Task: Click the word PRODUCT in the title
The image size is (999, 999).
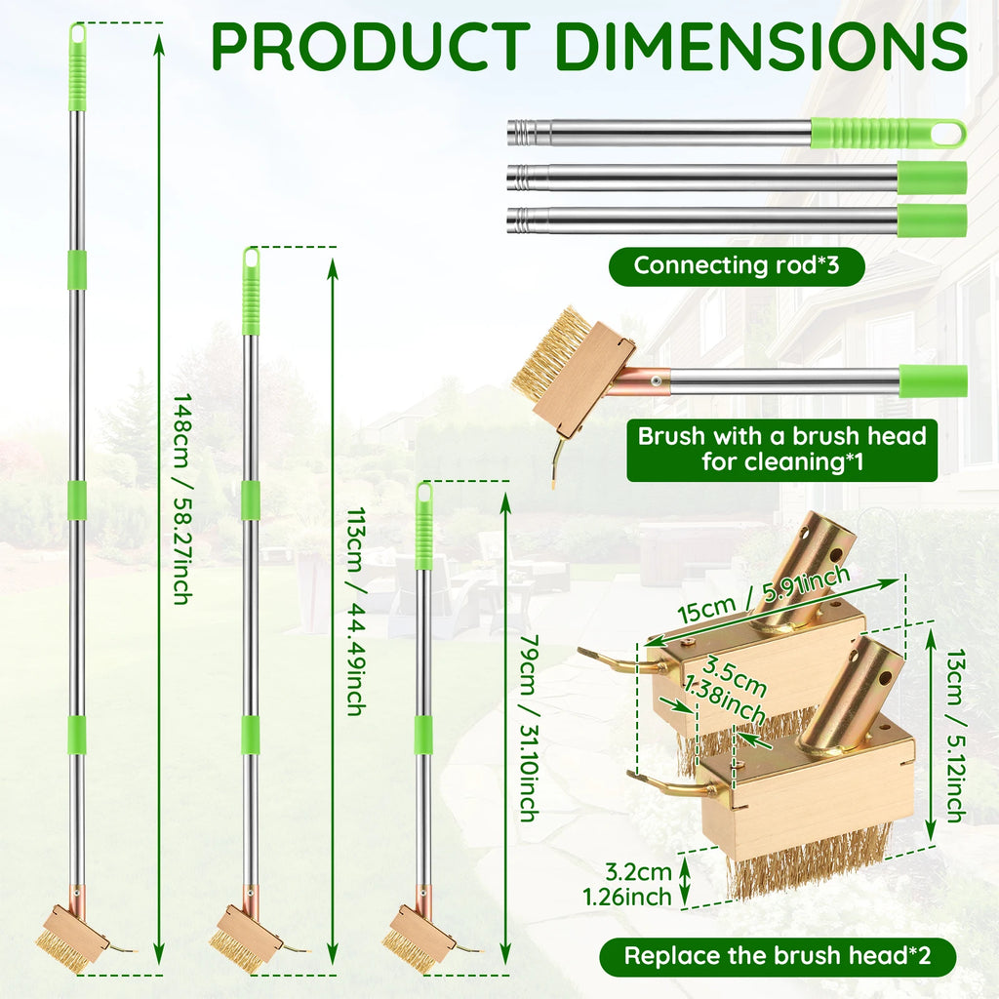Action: click(370, 47)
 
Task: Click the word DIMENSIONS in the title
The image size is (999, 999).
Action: click(762, 47)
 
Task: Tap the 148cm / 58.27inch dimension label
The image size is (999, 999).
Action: click(183, 499)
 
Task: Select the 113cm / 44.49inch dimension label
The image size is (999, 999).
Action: click(356, 611)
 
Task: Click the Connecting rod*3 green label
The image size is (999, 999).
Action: click(737, 265)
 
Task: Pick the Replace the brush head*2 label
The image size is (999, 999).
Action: click(778, 956)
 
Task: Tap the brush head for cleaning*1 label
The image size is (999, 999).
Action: click(781, 449)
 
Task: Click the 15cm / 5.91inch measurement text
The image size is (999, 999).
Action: click(763, 595)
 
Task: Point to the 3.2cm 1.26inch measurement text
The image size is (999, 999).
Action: click(627, 884)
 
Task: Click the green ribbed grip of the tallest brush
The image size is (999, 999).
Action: click(77, 67)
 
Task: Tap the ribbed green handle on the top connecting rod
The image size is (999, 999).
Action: click(888, 134)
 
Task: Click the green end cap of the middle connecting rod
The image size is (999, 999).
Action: click(932, 178)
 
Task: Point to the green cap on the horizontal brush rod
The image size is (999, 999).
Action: click(934, 381)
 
